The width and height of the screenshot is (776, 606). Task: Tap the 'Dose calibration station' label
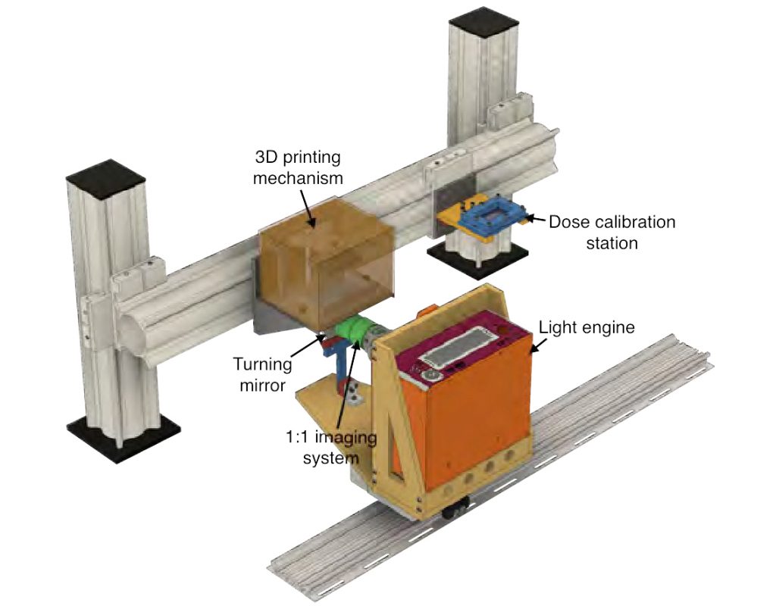pos(612,233)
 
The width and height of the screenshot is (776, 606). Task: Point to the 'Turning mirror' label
pos(262,374)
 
